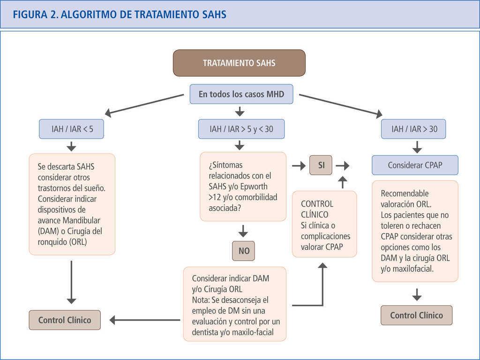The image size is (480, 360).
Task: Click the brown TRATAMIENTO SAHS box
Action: coord(239,63)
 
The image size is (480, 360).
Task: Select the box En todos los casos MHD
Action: coord(241,94)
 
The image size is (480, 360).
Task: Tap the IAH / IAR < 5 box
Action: coord(72,129)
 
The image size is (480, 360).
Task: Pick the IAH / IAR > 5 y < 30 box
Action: coord(241,129)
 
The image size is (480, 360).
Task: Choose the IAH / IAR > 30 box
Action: coord(413,129)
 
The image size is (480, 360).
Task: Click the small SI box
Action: coord(321,165)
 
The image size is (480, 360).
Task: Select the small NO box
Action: coord(244,251)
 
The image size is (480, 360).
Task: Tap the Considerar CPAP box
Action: coord(415,165)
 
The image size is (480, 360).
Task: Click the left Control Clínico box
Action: coord(65,320)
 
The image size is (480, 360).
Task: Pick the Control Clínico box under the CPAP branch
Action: coord(416,315)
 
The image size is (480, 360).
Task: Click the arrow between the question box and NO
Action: coord(243,231)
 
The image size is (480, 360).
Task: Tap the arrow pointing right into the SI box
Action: coord(297,165)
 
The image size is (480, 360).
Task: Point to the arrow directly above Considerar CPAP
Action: coord(416,147)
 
